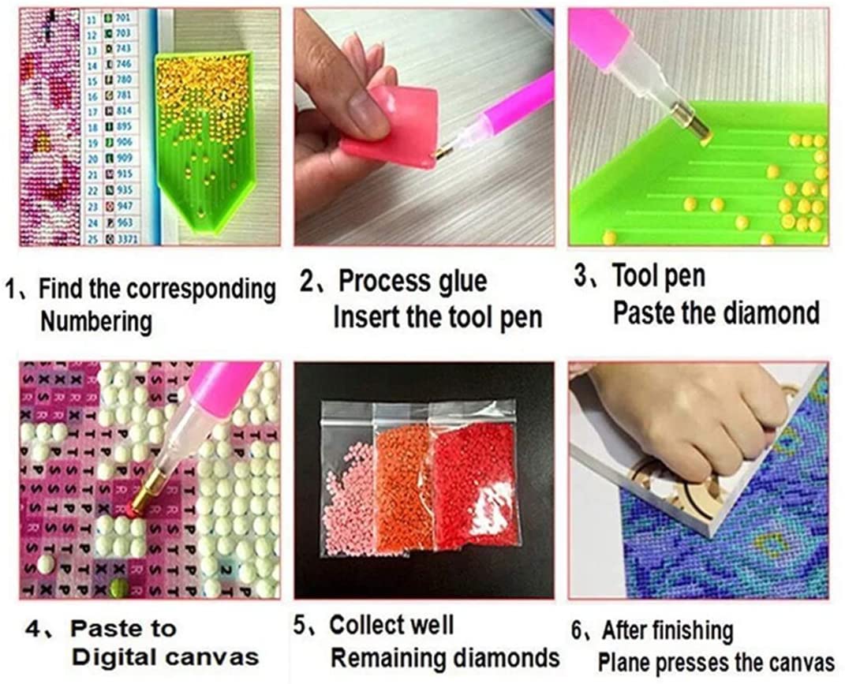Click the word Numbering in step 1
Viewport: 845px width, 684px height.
95,321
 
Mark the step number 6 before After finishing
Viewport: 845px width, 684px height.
577,631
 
